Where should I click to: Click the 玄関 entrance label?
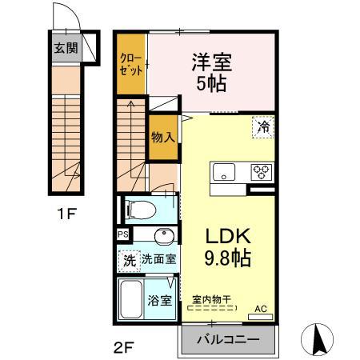(x=66, y=48)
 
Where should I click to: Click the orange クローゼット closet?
(x=132, y=63)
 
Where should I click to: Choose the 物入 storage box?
(x=162, y=137)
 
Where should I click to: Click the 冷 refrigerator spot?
(x=263, y=126)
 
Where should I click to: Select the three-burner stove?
(x=262, y=170)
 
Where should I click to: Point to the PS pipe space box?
(x=122, y=235)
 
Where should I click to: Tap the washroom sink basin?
(x=163, y=236)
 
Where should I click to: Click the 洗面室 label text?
(x=160, y=259)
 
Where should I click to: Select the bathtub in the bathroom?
(x=131, y=299)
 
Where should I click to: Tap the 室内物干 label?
(x=212, y=297)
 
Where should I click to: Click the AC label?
(x=261, y=307)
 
